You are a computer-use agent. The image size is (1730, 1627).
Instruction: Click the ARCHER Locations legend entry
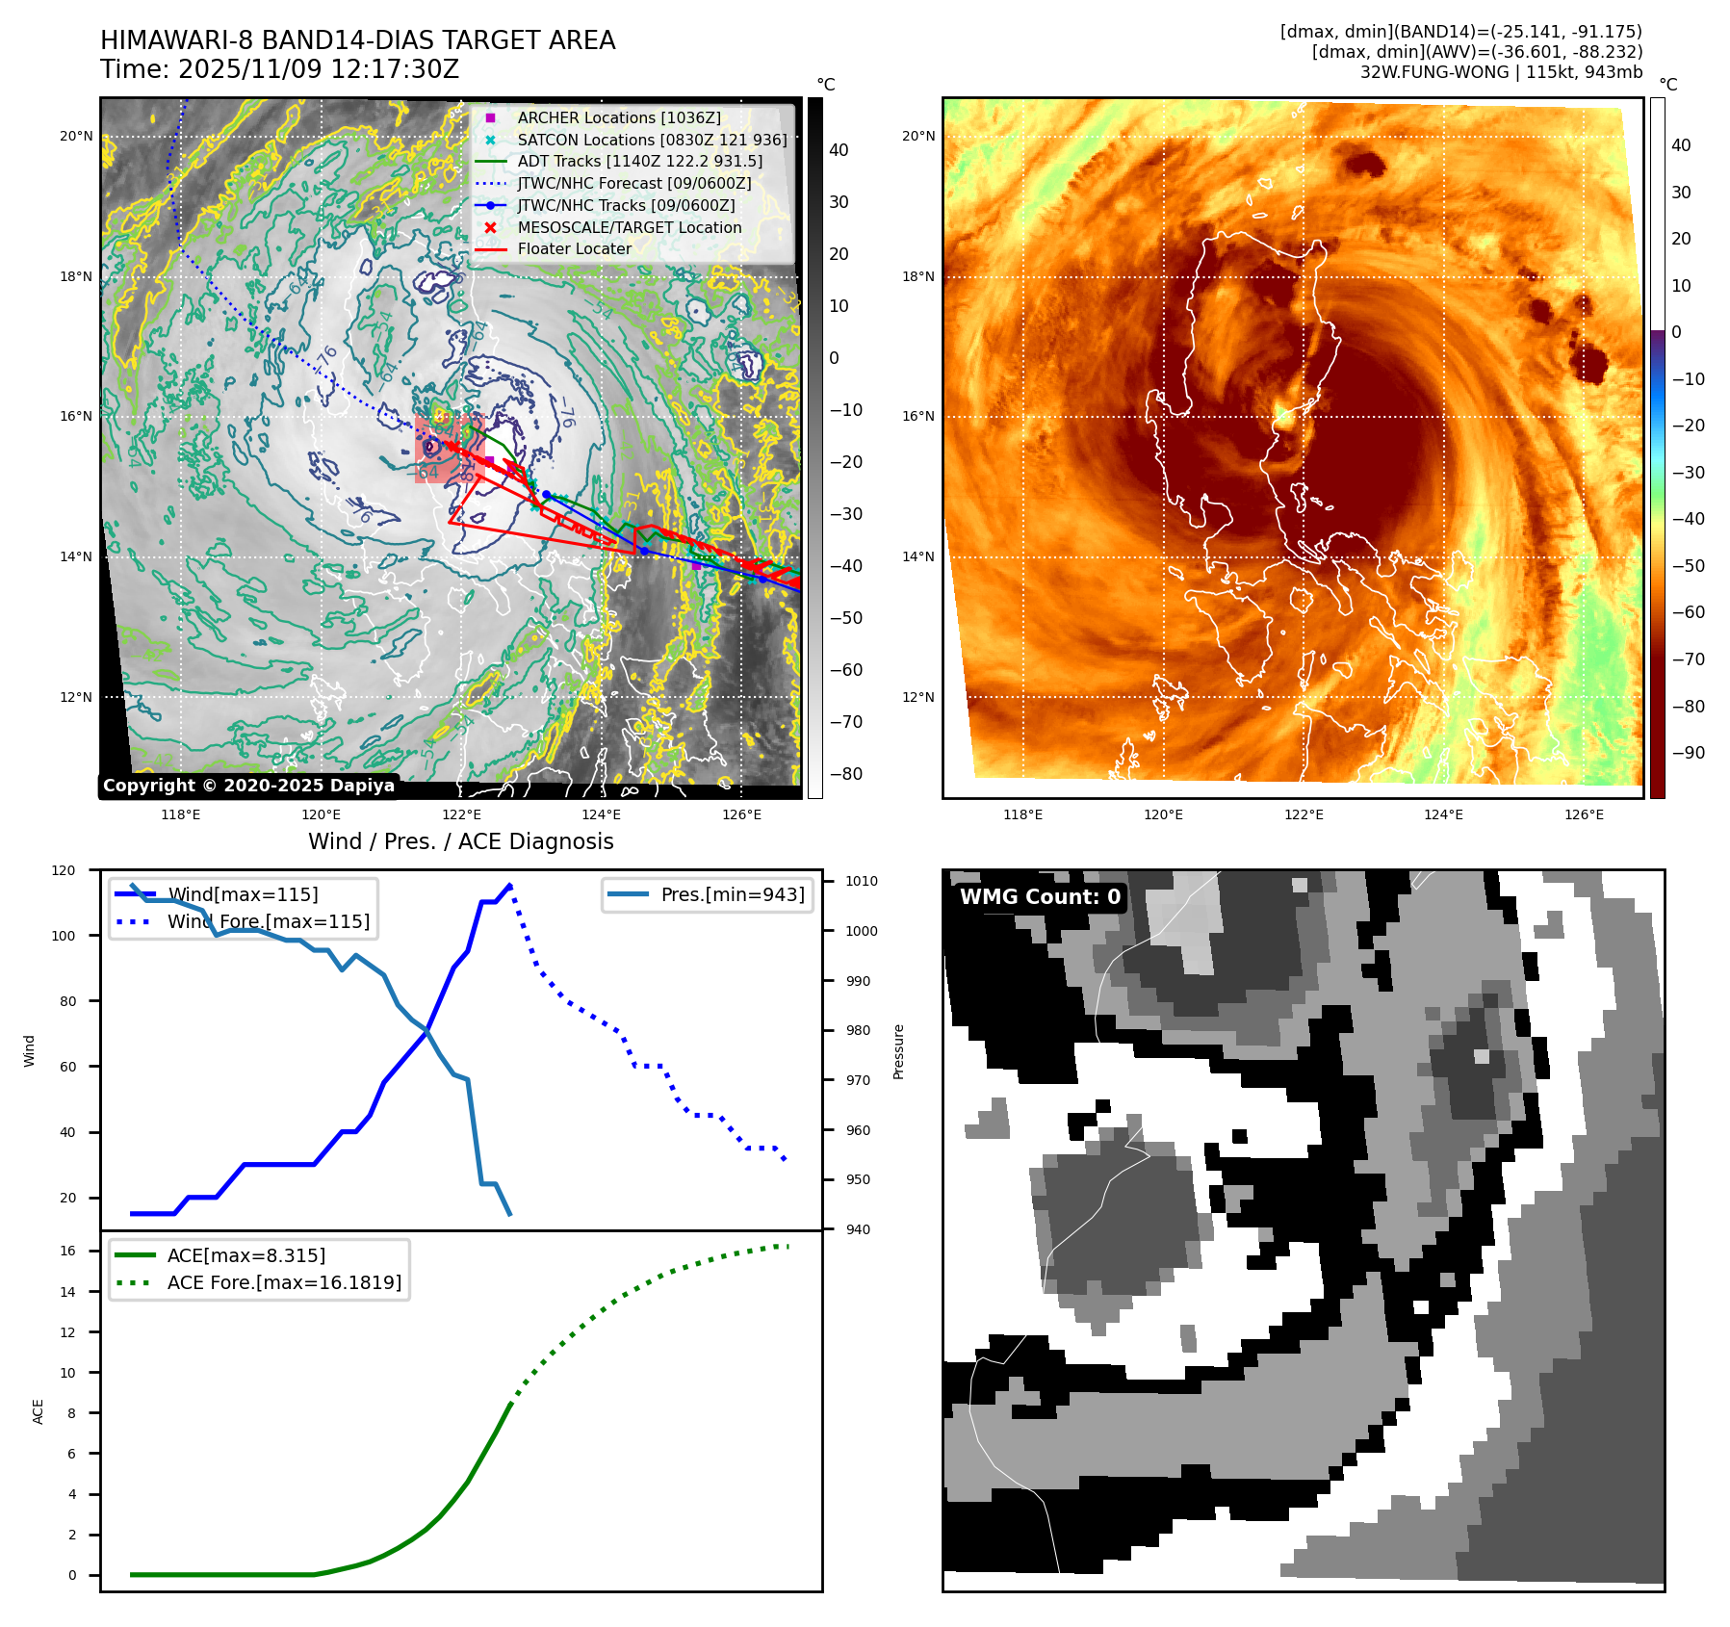point(618,117)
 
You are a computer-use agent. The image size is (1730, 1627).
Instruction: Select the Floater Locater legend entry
point(574,248)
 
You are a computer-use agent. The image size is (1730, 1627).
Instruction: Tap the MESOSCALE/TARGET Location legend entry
point(629,227)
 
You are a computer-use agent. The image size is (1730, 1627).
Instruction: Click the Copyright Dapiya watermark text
point(248,786)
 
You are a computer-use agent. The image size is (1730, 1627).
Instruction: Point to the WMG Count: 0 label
point(1040,897)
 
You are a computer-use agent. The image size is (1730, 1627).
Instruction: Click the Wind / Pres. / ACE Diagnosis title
point(460,841)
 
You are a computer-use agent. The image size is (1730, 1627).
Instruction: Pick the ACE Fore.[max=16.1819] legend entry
point(284,1282)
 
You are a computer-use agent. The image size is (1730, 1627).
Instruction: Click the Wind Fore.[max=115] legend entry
point(268,921)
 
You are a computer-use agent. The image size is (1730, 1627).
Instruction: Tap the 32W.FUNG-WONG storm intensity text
point(1501,72)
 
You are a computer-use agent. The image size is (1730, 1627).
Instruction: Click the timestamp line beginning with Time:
point(279,69)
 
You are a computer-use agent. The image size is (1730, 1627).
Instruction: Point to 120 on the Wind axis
point(64,870)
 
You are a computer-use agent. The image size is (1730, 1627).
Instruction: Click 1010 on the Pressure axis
point(862,881)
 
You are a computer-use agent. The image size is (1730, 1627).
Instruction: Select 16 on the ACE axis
point(68,1251)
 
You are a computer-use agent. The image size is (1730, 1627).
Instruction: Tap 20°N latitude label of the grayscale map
point(76,136)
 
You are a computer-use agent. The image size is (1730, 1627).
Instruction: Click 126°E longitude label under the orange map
point(1584,814)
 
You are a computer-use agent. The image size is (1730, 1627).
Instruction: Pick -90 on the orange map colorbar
point(1688,753)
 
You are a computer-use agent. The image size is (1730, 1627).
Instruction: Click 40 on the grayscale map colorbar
point(839,150)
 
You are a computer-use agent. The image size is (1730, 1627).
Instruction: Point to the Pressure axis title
point(898,1051)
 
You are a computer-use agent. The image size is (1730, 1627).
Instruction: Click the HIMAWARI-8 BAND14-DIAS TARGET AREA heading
point(357,40)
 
